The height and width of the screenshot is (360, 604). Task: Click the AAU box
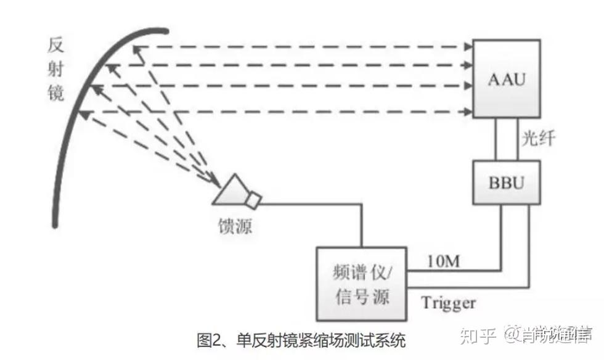[507, 79]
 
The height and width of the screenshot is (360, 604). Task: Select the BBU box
[507, 182]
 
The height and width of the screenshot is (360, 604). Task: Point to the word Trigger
[448, 303]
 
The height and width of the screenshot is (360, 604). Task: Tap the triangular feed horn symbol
[230, 190]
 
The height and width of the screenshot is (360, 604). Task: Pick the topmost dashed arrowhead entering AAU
[465, 46]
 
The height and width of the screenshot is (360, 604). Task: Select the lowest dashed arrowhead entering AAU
[465, 112]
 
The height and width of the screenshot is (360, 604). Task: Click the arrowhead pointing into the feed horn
[215, 182]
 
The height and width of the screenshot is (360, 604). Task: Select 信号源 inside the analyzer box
[361, 297]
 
